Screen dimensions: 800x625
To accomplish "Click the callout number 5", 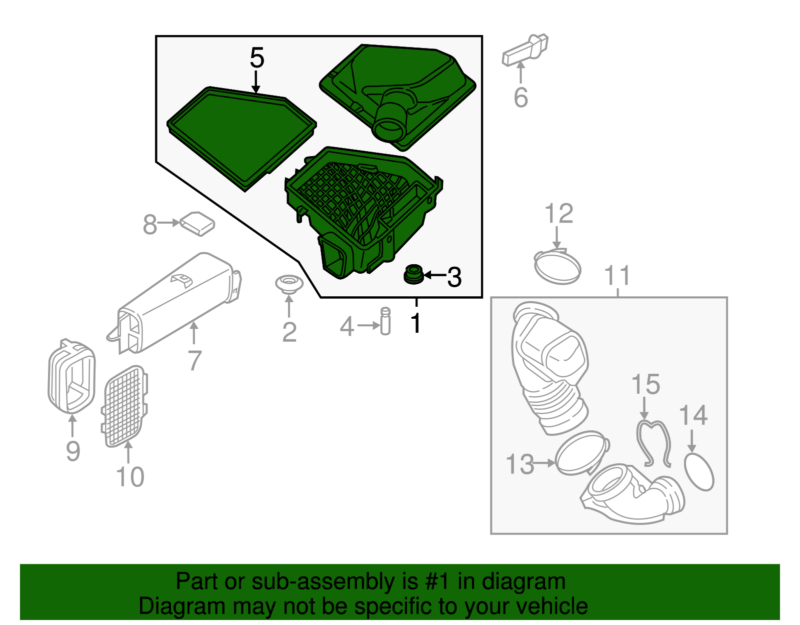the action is click(x=257, y=58).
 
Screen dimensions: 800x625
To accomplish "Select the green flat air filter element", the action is click(x=241, y=139).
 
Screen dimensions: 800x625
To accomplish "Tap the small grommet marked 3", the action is click(x=413, y=274).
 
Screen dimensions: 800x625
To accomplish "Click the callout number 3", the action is click(x=454, y=277).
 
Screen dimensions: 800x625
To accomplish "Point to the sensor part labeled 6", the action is click(x=525, y=50).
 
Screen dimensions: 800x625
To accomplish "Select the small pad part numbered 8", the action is click(x=197, y=223).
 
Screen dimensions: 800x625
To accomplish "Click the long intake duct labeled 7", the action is click(x=175, y=303).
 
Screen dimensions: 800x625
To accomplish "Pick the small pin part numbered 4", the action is click(x=385, y=321).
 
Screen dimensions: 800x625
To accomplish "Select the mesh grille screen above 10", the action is click(x=124, y=406).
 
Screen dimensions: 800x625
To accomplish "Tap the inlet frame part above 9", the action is click(x=72, y=376).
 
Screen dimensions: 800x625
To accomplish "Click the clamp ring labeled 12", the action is click(x=557, y=266).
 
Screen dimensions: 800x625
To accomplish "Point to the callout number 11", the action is click(x=617, y=275).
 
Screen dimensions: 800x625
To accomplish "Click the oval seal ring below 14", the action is click(x=699, y=472).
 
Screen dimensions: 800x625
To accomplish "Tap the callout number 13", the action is click(x=519, y=464).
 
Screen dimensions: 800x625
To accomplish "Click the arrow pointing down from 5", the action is click(x=256, y=82).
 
